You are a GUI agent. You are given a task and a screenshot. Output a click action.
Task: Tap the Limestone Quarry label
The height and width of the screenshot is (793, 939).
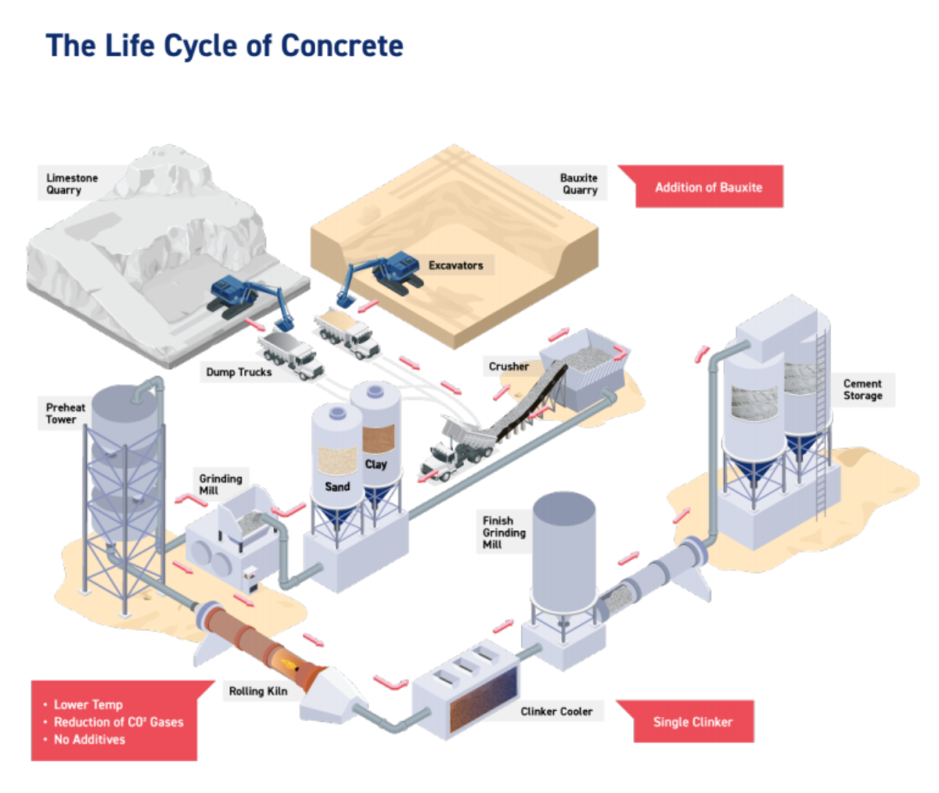point(71,184)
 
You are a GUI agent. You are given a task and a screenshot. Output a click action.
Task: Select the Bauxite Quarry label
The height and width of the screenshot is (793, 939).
point(579,184)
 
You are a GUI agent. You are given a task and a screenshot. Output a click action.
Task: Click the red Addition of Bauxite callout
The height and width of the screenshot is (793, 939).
point(708,187)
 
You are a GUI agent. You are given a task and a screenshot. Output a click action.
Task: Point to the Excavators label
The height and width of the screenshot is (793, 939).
point(455,266)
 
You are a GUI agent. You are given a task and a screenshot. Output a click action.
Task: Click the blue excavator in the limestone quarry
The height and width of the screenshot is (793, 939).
point(243,296)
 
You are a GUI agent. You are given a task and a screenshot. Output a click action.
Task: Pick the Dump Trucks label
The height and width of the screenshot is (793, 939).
point(239,372)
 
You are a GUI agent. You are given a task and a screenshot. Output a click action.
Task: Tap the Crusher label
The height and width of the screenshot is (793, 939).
point(509,366)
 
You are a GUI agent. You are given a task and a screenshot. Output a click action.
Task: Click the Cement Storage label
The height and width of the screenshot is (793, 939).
point(862,389)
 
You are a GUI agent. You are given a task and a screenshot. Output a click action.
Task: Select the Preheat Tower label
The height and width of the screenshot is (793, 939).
point(65,413)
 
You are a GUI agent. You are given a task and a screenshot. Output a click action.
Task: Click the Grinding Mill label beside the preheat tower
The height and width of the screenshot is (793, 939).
point(220,484)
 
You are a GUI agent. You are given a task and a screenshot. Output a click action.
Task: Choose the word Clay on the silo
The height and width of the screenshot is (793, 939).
point(376,465)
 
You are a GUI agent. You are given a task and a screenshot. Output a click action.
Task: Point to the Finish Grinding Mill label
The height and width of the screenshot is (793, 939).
point(503,532)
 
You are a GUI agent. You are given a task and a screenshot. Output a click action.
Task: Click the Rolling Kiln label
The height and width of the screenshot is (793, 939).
point(257,691)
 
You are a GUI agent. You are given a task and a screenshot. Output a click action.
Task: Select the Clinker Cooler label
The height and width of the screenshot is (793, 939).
point(556,712)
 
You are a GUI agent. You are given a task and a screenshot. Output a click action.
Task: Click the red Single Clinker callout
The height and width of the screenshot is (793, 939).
point(693,722)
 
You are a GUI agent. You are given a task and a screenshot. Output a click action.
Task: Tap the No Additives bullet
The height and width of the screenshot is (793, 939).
point(88,740)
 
